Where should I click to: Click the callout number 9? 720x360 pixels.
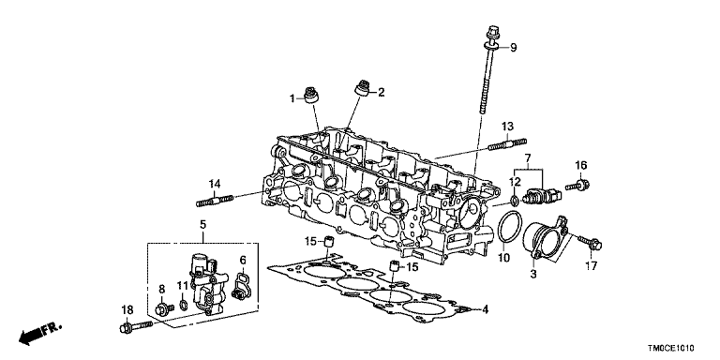(514, 47)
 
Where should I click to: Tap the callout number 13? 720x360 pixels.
(507, 127)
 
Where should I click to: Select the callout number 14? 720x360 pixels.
(215, 184)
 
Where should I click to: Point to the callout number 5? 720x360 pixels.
(202, 225)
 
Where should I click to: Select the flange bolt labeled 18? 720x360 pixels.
(136, 327)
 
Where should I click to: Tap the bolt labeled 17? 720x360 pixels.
(590, 243)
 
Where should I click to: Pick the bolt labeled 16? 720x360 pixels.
(577, 186)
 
